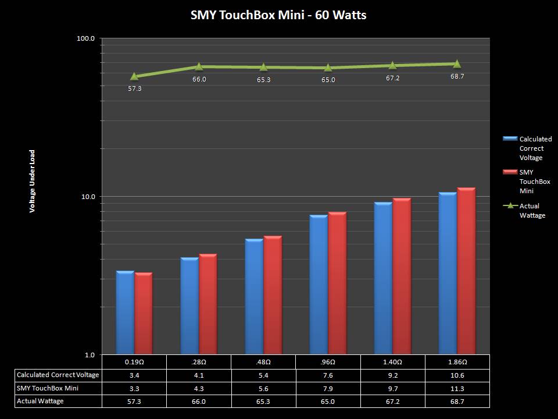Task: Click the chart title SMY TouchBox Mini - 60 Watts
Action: [x=278, y=15]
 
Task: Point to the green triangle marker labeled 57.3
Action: [x=134, y=76]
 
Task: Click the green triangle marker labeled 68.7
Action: [x=457, y=63]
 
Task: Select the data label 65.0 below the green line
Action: [x=328, y=80]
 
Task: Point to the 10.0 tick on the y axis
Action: [x=88, y=197]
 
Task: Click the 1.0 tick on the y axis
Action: [x=90, y=355]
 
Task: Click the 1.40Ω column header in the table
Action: [x=393, y=361]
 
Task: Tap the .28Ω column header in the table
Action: [x=199, y=361]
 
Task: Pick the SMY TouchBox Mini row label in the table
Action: [x=48, y=388]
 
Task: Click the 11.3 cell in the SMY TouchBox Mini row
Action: [x=457, y=388]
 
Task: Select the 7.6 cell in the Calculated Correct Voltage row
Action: [x=328, y=375]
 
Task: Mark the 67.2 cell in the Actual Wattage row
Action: [x=393, y=401]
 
